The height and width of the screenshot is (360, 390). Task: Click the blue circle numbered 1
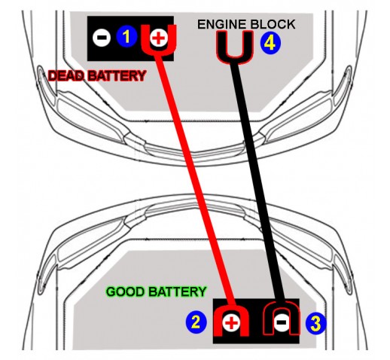point(126,37)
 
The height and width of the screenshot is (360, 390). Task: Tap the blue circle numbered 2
point(197,322)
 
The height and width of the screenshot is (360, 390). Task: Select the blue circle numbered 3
point(315,323)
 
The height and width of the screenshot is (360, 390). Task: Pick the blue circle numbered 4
point(270,43)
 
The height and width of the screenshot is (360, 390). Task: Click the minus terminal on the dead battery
point(102,38)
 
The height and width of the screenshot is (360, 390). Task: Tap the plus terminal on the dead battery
point(158,38)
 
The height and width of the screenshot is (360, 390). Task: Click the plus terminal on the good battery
point(231,322)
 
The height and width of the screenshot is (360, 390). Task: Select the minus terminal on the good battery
point(282,322)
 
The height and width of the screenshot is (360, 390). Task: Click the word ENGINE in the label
point(221,24)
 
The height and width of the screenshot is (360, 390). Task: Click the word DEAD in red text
point(65,75)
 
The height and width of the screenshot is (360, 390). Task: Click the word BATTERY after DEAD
point(116,75)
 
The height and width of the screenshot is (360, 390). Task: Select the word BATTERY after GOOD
point(177,291)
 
